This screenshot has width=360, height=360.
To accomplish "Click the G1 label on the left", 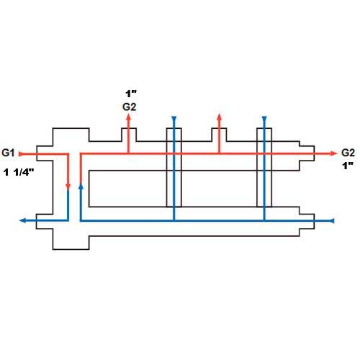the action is (8, 153).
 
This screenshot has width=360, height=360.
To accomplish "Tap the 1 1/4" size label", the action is (19, 172).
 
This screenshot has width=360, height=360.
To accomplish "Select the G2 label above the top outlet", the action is (130, 107).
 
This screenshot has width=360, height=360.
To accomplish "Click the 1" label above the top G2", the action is (131, 94).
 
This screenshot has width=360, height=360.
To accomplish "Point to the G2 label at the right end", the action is (348, 153).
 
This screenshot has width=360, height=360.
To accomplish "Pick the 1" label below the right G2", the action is (348, 166).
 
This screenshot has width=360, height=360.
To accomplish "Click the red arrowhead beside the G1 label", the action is (22, 154).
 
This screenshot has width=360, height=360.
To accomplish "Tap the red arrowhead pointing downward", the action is (68, 187).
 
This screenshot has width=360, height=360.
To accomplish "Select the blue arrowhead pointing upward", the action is (81, 186).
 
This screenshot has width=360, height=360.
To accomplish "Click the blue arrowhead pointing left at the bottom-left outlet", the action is (22, 220).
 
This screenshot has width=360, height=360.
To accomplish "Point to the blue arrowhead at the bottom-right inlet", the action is (332, 221).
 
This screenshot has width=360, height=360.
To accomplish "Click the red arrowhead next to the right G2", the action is (334, 153).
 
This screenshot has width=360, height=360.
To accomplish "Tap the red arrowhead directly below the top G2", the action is (129, 117).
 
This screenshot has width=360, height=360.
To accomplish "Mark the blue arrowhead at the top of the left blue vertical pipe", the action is (174, 119).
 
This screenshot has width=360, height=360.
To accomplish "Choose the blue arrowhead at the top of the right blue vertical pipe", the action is (264, 119).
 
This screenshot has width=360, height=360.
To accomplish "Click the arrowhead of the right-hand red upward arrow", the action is (219, 117).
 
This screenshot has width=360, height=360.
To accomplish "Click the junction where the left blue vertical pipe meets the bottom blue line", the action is (174, 220).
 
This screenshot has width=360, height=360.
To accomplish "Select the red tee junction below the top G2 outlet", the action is (129, 153).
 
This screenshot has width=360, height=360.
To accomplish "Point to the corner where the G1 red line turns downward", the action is (68, 153).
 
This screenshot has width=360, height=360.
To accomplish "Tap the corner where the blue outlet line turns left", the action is (68, 220).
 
